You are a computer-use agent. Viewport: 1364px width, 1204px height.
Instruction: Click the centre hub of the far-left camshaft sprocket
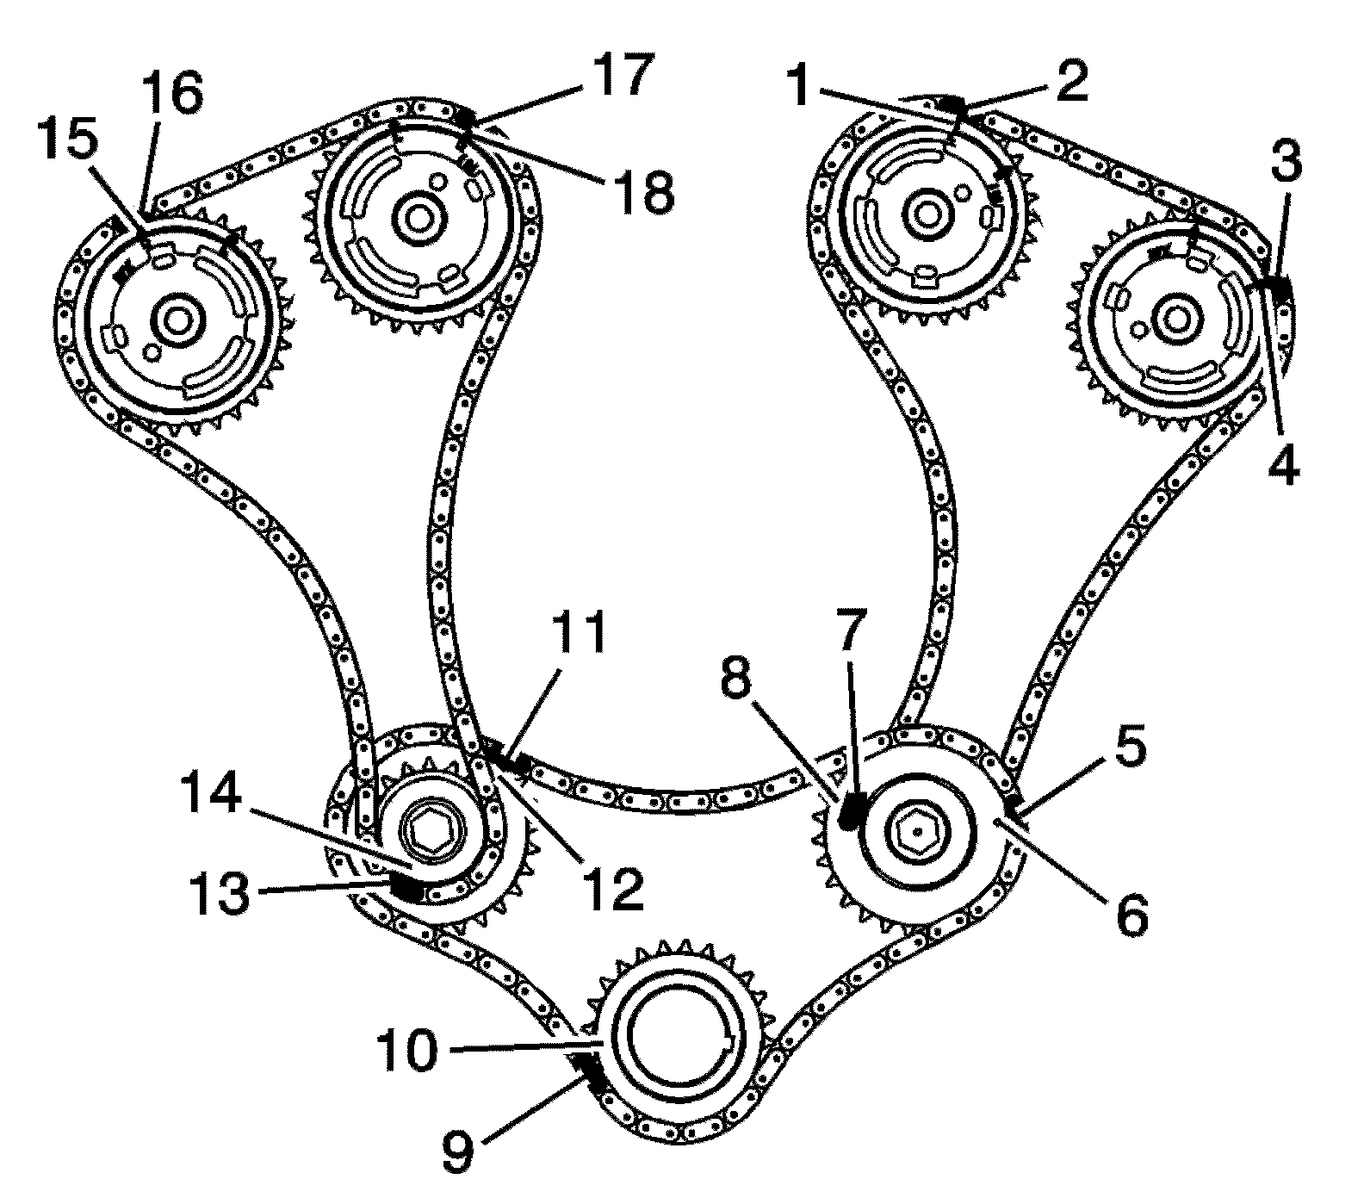coord(179,321)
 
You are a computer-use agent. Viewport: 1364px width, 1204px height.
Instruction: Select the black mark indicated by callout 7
coord(852,810)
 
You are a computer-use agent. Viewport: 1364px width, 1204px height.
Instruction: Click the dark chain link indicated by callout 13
coord(405,885)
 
